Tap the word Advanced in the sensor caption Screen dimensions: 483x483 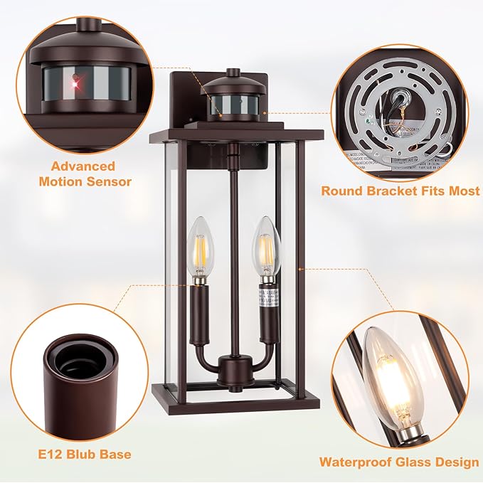[x=83, y=166]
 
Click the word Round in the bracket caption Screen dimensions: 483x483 [x=341, y=191]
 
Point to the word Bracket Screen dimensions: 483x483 [x=389, y=191]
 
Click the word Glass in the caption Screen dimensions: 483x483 [x=415, y=462]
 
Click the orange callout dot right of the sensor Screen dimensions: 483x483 [x=265, y=111]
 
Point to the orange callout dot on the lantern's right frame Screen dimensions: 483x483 [x=301, y=269]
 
